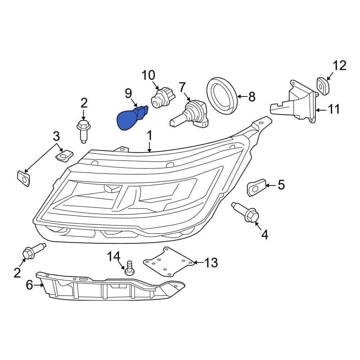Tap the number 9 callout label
tap(129, 94)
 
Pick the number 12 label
tap(339, 66)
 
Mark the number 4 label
tap(265, 235)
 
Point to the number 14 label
tap(114, 257)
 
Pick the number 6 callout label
tap(30, 285)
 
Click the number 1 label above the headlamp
tap(149, 136)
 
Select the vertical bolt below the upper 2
tap(83, 131)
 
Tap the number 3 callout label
tap(56, 136)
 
